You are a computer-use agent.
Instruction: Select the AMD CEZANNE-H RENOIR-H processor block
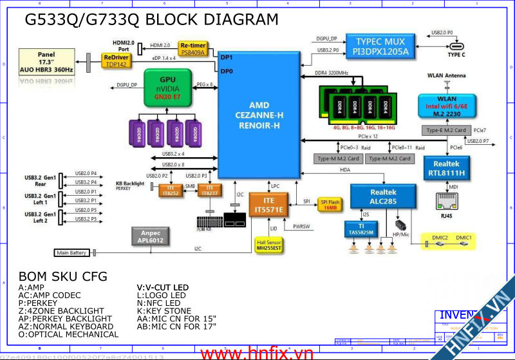258,115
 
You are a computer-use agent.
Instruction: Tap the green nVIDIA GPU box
169,88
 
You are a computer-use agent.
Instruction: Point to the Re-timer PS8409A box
192,49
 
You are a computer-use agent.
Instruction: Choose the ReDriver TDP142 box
116,61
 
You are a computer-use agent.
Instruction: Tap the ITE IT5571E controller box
268,205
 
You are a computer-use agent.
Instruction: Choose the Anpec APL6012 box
151,236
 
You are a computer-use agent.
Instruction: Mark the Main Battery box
71,252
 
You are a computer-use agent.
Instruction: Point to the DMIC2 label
440,238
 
